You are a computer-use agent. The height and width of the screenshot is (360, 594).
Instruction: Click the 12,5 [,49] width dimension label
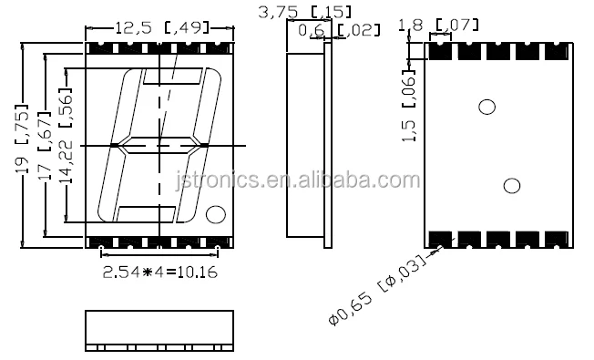[161, 27]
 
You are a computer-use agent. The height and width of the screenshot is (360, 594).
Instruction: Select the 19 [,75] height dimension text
[22, 139]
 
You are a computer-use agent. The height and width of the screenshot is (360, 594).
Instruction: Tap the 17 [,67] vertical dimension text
[45, 146]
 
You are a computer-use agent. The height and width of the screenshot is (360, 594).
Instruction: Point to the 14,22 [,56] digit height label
[66, 136]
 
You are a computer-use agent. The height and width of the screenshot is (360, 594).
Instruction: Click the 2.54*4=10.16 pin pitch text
[160, 273]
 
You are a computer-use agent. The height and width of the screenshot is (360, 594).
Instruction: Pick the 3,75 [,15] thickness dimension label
[304, 12]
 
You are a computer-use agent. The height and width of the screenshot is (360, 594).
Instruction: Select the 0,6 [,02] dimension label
[339, 30]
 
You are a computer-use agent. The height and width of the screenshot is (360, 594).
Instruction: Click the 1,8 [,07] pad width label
[438, 25]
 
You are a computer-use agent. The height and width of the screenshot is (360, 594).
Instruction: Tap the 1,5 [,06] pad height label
[409, 108]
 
